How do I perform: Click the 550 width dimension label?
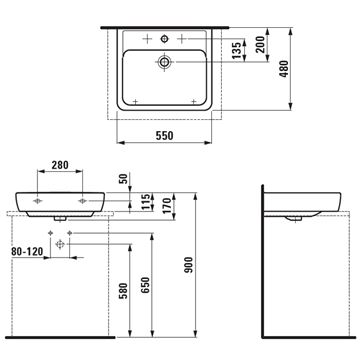click(165, 136)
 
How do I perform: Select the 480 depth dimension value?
click(284, 69)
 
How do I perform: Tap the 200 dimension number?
click(260, 44)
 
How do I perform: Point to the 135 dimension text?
click(236, 50)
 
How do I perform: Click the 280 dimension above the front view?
click(60, 165)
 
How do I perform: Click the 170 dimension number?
click(167, 205)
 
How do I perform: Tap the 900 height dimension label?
click(189, 265)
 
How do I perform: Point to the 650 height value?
click(145, 285)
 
